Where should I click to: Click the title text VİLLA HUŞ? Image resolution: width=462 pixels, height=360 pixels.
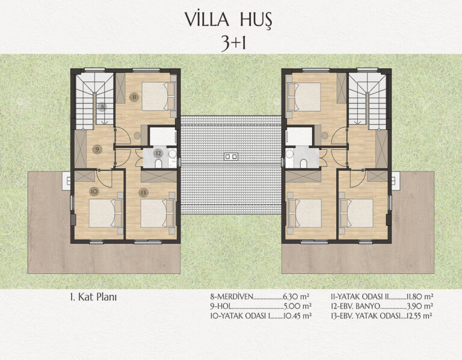point(229,20)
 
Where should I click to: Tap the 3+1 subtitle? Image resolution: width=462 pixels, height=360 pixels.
point(233,43)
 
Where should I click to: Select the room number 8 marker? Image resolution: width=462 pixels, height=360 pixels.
point(102,107)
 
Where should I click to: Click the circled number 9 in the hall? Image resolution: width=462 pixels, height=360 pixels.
point(97,149)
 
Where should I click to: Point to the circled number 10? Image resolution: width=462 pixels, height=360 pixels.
point(94,191)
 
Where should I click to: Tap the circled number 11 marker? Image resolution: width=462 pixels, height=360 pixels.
point(134,97)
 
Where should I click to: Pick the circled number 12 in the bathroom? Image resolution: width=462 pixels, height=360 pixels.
point(159,154)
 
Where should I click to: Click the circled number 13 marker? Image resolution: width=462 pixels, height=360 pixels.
point(143,193)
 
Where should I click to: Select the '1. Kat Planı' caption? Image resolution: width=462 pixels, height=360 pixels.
point(93,297)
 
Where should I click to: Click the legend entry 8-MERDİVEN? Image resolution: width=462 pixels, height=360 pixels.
point(232,296)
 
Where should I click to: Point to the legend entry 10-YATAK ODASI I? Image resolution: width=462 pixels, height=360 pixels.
point(240,316)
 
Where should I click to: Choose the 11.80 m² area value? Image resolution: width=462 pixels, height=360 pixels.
point(419,296)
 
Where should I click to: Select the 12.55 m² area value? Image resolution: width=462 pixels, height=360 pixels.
point(419,316)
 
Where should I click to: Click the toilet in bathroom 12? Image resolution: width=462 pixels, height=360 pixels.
point(158,163)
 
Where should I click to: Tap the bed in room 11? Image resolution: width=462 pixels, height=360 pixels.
point(159,96)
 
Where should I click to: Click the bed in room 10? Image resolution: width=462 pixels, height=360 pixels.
point(106,214)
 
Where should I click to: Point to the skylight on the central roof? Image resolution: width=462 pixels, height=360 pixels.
point(231,157)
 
